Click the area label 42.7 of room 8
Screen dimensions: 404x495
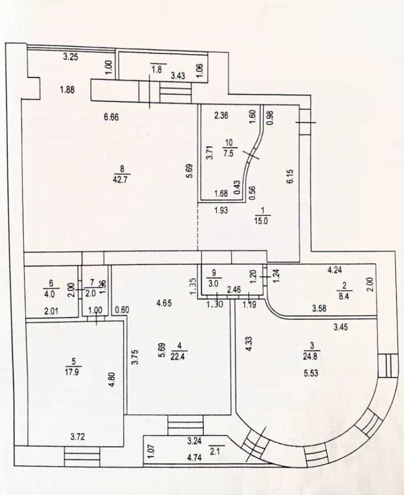[x=121, y=179]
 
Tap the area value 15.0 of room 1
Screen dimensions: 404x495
[x=261, y=221]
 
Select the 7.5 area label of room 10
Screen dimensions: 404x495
[x=230, y=154]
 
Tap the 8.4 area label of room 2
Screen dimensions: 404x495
[x=344, y=296]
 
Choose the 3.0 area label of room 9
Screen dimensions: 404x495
[x=214, y=284]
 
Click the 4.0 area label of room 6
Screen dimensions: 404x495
[x=49, y=293]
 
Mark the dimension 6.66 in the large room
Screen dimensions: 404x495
[x=111, y=117]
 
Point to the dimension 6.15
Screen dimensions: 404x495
[x=290, y=176]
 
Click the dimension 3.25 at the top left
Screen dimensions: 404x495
[x=71, y=57]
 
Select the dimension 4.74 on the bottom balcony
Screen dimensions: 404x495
[x=194, y=457]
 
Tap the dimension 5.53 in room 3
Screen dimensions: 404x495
[x=311, y=373]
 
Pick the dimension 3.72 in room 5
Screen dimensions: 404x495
[x=78, y=437]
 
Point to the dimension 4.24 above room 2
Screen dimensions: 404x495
[x=335, y=270]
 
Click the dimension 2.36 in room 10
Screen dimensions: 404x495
[x=221, y=115]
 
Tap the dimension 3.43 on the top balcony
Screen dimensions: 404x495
[x=178, y=76]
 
